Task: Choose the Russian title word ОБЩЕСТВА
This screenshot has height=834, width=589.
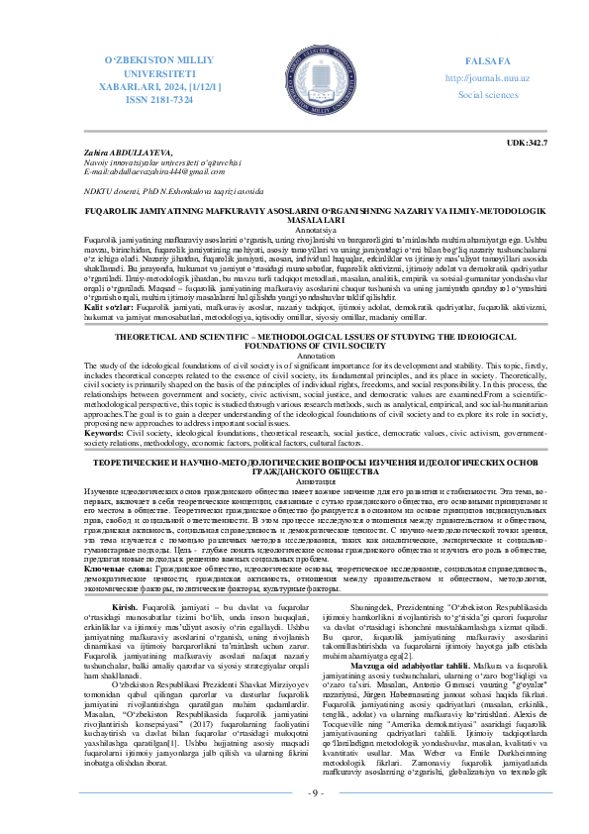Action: pyautogui.click(x=295, y=471)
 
